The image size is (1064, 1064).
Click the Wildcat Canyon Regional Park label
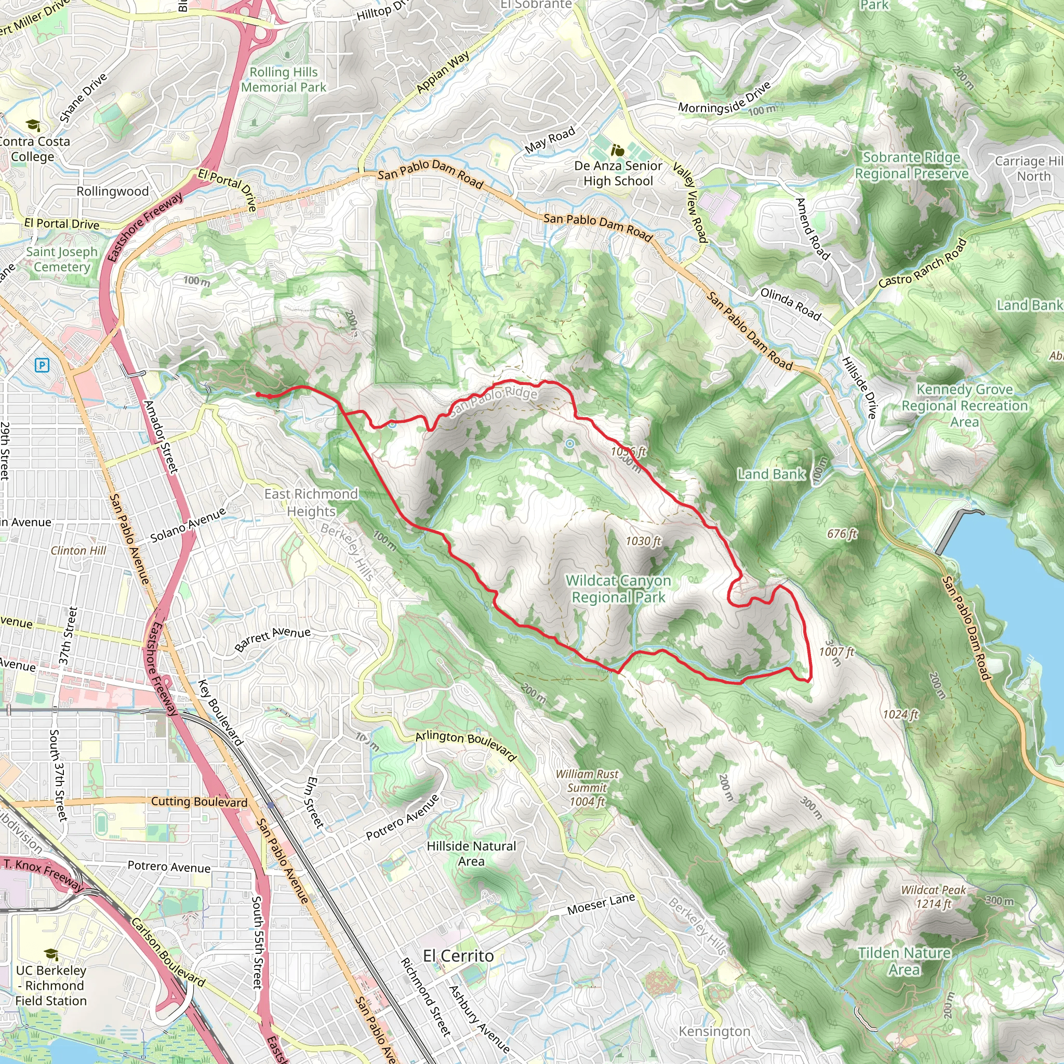618,589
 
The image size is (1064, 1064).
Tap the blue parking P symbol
42,365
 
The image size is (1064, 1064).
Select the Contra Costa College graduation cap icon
33,125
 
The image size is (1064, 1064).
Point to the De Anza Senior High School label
618,173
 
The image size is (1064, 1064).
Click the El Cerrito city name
458,955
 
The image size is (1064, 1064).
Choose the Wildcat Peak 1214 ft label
933,897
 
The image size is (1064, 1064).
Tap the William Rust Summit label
587,788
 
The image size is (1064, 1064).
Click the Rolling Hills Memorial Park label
284,79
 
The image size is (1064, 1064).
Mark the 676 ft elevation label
842,533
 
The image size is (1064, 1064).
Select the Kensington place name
714,1031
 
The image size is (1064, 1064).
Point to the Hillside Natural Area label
471,853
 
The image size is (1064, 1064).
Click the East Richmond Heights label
311,502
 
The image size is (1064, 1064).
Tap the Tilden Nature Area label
904,961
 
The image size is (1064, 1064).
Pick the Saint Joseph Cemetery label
62,259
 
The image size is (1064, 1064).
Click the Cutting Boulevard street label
199,801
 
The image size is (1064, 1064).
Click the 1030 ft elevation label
643,541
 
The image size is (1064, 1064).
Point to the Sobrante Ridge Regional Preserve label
911,165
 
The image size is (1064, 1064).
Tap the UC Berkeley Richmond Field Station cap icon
51,954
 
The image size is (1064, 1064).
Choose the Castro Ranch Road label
923,263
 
